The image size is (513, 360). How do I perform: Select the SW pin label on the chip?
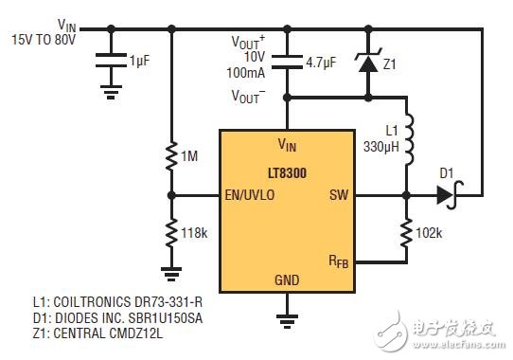339,196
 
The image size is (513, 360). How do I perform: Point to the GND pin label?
286,280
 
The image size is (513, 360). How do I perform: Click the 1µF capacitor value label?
139,58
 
